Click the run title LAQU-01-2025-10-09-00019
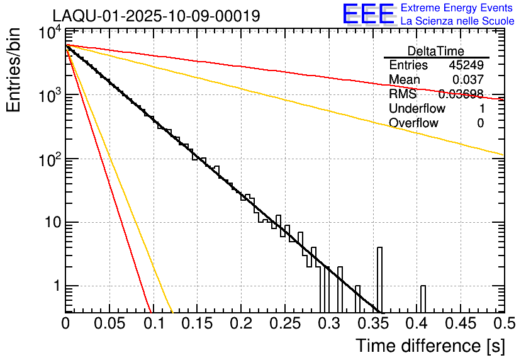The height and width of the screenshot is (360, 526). (156, 16)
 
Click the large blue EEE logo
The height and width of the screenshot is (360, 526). (369, 15)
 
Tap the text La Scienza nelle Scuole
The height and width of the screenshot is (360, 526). (457, 21)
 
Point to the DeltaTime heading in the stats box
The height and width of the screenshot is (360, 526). (436, 51)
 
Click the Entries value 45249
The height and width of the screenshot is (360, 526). (466, 65)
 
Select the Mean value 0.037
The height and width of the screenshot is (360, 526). (468, 79)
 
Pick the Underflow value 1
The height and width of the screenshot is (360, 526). (480, 108)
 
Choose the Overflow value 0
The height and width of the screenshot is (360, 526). (480, 123)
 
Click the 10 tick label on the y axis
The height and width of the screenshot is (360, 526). (48, 222)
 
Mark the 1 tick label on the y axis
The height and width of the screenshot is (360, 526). (55, 286)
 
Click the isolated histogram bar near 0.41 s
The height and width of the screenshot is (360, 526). (423, 298)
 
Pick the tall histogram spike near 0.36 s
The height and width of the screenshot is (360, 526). (379, 277)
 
